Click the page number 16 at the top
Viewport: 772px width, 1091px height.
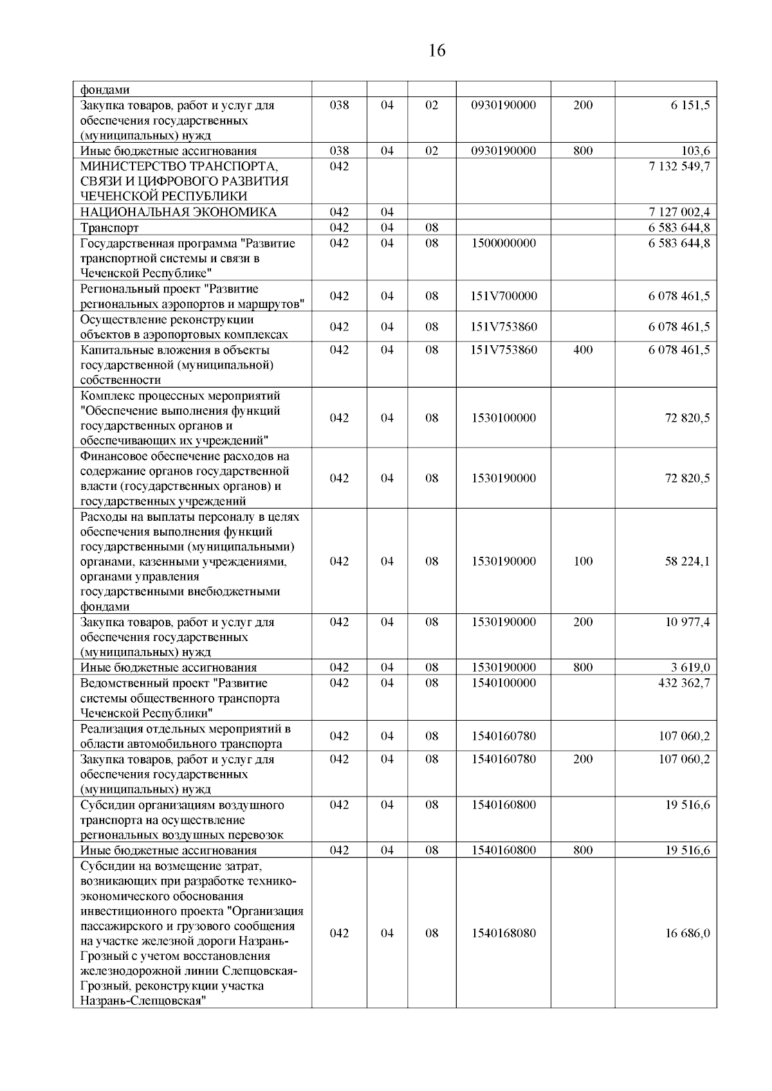(436, 51)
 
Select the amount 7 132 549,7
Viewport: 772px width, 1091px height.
(679, 167)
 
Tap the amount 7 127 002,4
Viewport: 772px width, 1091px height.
(679, 212)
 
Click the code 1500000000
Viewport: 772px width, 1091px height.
(503, 243)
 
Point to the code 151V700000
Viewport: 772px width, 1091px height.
(503, 296)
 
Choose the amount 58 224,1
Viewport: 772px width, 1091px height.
(687, 561)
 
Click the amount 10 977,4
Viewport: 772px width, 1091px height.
(687, 622)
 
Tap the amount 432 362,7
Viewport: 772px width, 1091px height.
(684, 683)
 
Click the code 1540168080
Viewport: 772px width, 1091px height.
(503, 933)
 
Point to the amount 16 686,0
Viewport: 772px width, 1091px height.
(687, 933)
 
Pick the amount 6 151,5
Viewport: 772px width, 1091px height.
(690, 105)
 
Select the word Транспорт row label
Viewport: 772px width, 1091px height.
(109, 228)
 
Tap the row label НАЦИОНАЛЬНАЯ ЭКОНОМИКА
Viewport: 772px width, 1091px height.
(178, 213)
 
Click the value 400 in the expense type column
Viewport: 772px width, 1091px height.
(583, 350)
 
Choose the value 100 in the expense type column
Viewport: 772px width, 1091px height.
(583, 561)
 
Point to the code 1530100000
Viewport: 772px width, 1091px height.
(503, 418)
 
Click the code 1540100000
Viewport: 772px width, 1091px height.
(503, 683)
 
